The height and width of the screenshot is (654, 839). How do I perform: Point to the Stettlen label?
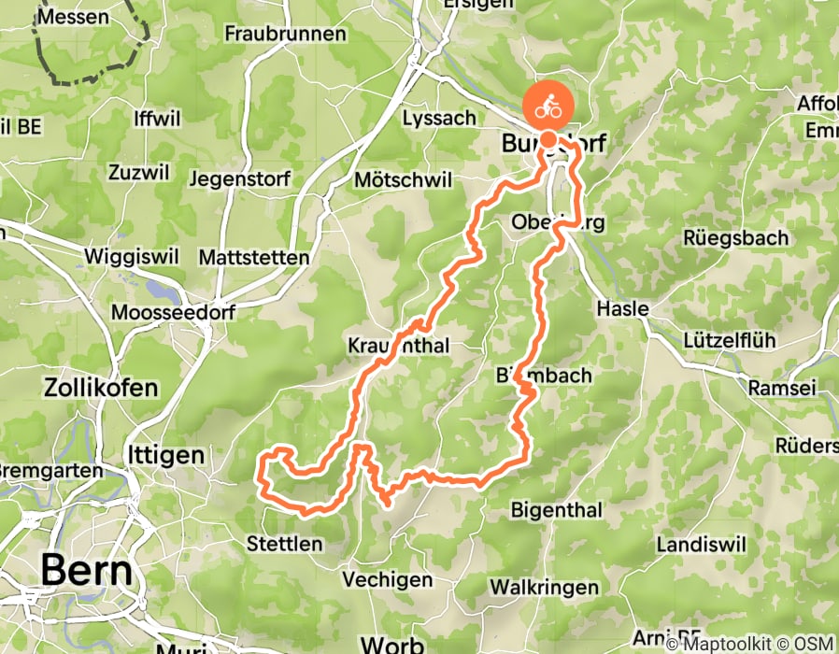(285, 543)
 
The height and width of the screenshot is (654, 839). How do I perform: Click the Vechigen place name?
(386, 580)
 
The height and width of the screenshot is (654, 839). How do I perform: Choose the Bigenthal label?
(555, 510)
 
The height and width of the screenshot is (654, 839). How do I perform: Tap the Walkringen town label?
(544, 587)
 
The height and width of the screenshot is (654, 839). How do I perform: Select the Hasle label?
(622, 308)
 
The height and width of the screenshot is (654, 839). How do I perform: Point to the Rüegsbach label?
(735, 238)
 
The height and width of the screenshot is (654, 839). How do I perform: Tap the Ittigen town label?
(164, 455)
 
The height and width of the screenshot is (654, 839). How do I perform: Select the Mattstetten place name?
(254, 257)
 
